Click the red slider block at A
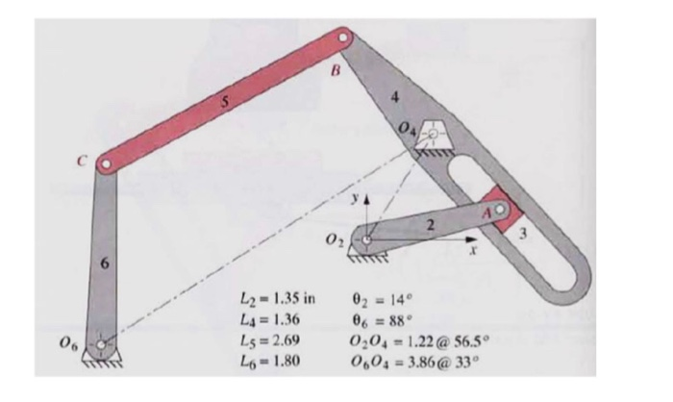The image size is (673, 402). pyautogui.click(x=500, y=209)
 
